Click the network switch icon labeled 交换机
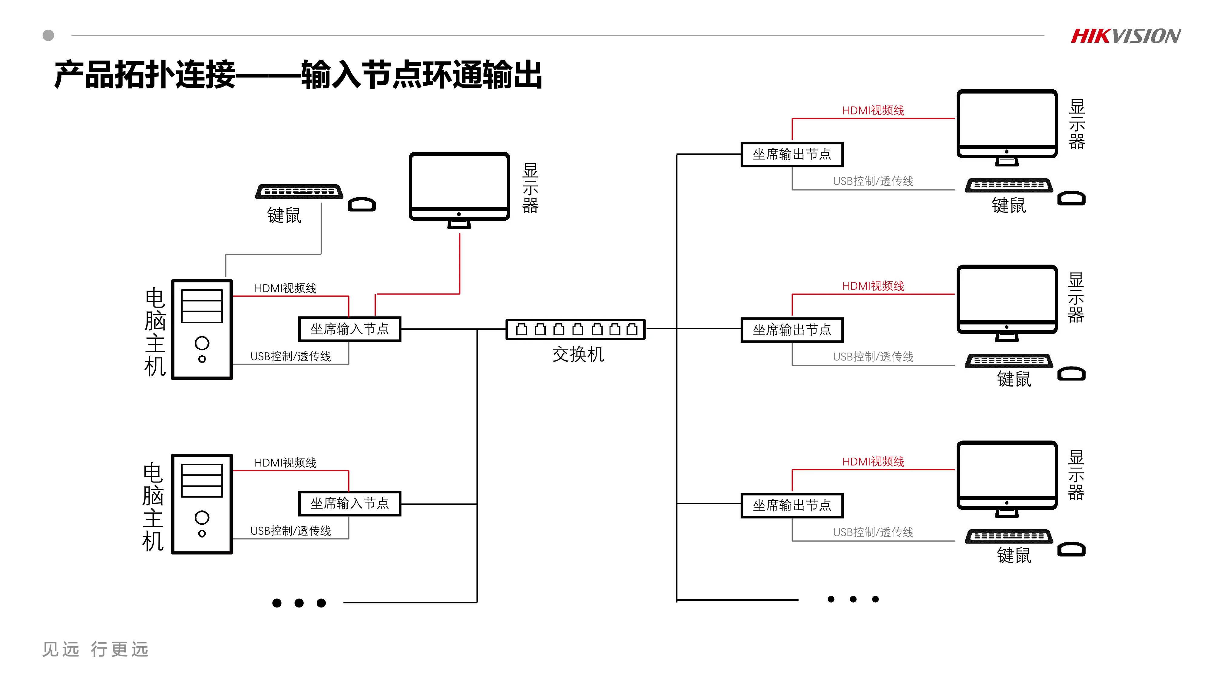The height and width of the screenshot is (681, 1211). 575,330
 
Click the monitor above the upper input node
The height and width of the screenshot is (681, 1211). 459,188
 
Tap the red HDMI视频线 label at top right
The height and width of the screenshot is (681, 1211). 873,110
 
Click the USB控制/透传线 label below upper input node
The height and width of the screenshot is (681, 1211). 290,356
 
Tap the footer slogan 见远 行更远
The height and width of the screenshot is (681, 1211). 95,649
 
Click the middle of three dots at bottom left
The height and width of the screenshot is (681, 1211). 299,603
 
